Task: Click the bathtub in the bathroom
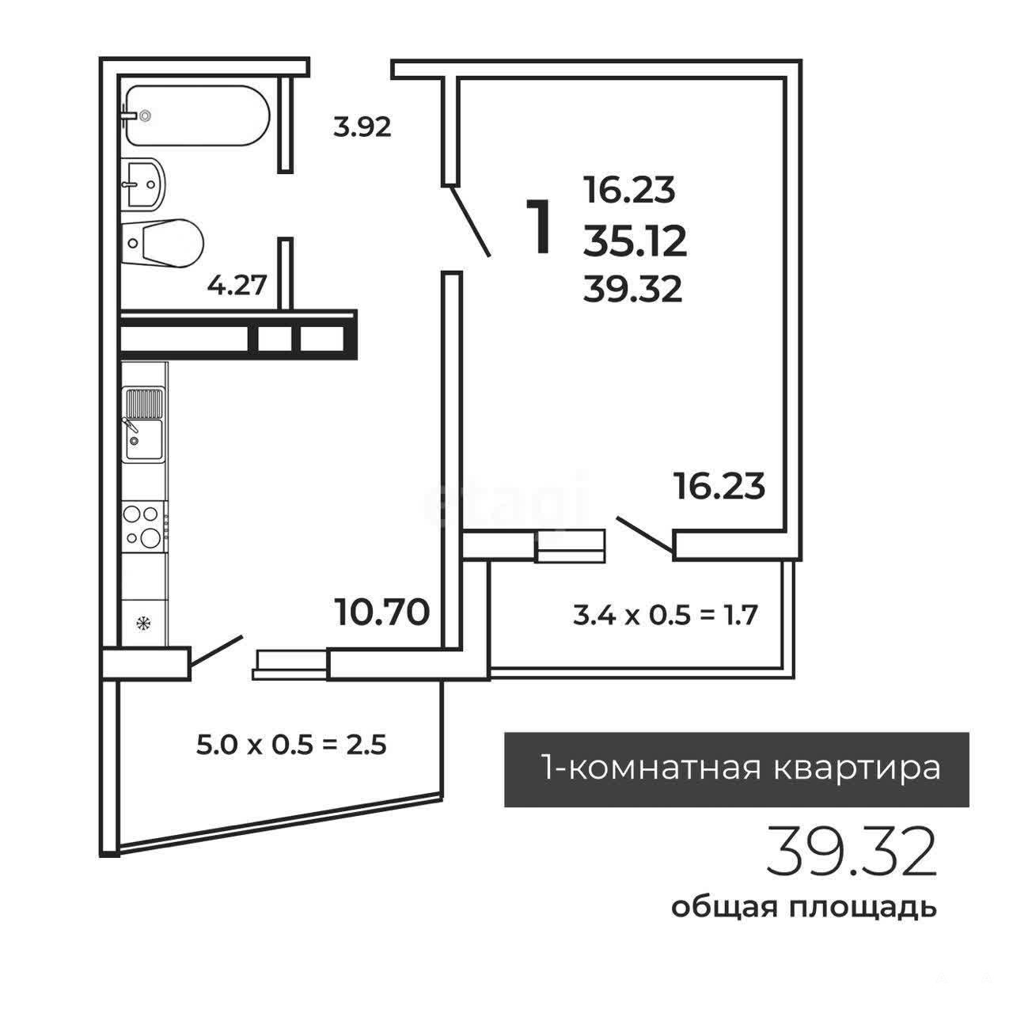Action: [x=198, y=116]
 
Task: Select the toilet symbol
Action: [x=162, y=244]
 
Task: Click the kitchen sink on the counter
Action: [x=143, y=425]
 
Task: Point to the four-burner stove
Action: [x=143, y=526]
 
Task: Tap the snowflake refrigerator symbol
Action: [x=143, y=624]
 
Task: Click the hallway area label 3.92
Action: [x=362, y=127]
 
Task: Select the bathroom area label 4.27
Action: [x=237, y=286]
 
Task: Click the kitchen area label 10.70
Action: [x=382, y=613]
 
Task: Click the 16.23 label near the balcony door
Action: [x=719, y=486]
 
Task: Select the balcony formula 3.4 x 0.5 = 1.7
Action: [x=665, y=615]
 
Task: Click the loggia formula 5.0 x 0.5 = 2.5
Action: [x=291, y=745]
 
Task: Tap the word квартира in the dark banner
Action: [x=857, y=769]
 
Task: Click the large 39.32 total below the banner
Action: [x=852, y=859]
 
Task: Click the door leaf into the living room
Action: [x=470, y=222]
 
